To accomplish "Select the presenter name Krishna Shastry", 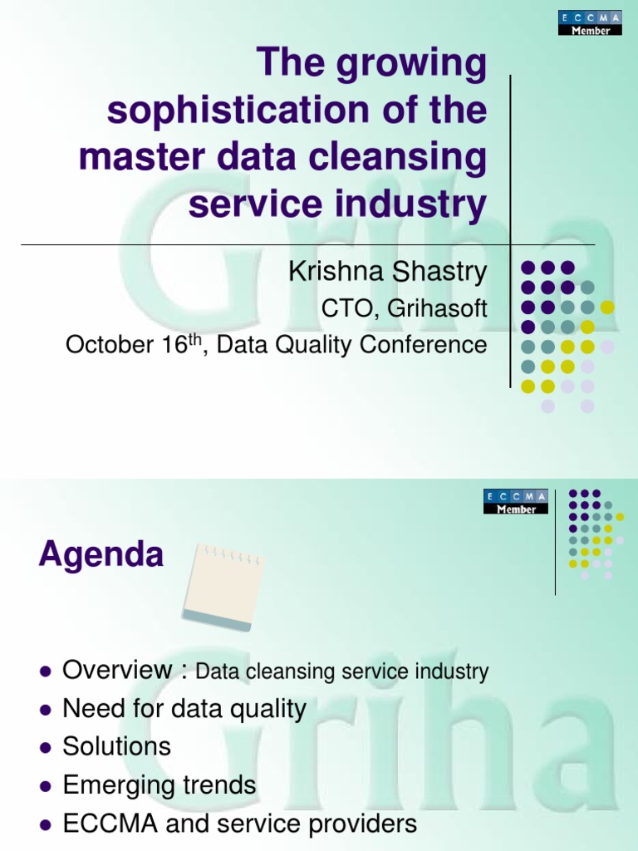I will click(x=387, y=271).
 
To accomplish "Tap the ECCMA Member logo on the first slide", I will click(x=589, y=23).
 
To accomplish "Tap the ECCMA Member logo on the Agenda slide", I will click(x=515, y=501).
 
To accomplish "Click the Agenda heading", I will click(x=101, y=554).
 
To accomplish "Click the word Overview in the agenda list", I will click(x=117, y=670).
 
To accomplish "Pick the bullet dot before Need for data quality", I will click(x=47, y=710).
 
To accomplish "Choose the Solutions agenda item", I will click(x=117, y=746).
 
